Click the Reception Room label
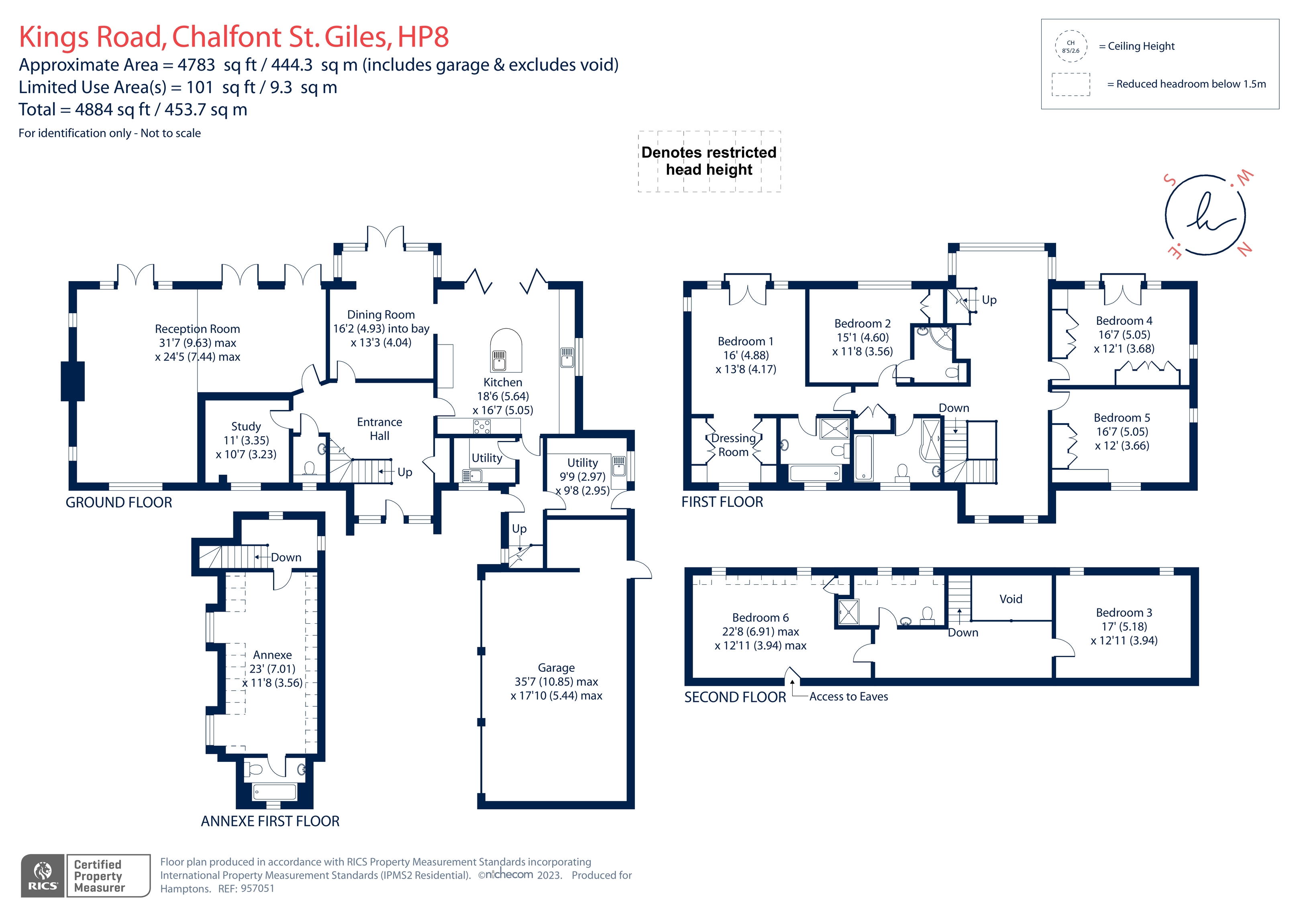click(x=197, y=329)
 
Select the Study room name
click(x=246, y=426)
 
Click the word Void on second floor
click(x=1010, y=599)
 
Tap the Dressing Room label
click(x=733, y=445)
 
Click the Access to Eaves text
click(x=848, y=697)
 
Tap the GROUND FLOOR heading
click(x=119, y=502)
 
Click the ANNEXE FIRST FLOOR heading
click(x=270, y=821)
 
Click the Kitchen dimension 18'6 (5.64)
click(x=503, y=396)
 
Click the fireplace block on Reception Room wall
click(x=73, y=381)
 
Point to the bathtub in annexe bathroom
click(x=274, y=791)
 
